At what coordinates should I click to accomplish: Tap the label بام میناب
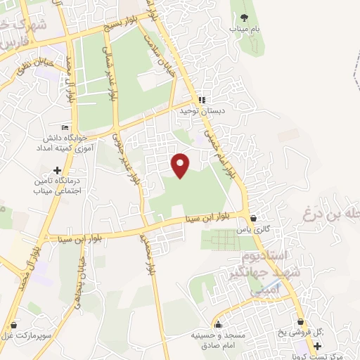[x=243, y=29]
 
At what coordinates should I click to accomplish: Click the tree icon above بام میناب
[x=244, y=18]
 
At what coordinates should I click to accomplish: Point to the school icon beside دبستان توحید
[x=202, y=100]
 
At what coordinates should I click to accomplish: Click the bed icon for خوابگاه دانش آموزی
[x=65, y=127]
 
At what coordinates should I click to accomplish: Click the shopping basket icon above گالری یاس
[x=253, y=217]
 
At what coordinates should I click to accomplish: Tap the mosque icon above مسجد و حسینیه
[x=219, y=324]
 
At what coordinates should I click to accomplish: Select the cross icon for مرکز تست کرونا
[x=317, y=346]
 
